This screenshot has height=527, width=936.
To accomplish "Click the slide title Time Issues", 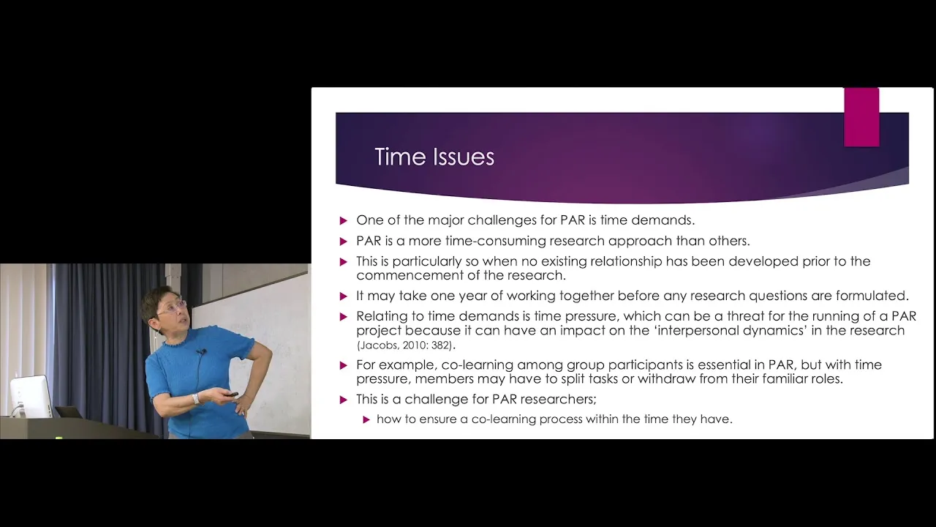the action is click(434, 157).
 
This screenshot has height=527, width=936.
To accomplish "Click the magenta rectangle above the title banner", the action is click(861, 117).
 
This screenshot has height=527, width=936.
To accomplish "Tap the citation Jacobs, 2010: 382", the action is click(405, 346).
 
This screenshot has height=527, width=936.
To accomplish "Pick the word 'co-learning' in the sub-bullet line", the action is click(503, 419).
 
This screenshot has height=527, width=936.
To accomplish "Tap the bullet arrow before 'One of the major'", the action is click(344, 221).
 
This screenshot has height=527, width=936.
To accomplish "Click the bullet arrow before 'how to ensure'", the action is click(366, 419).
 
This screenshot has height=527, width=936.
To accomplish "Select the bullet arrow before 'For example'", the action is click(344, 365).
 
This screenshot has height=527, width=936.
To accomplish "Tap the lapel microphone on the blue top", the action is click(203, 352).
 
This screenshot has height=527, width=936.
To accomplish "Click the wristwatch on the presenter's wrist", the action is click(196, 399).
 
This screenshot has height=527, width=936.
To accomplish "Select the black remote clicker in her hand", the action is click(230, 395).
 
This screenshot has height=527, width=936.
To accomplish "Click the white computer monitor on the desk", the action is click(31, 395).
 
